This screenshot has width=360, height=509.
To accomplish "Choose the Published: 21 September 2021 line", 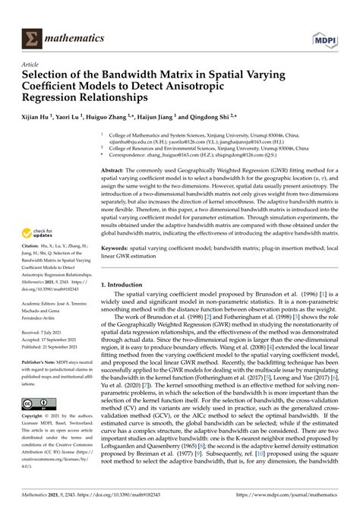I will coord(55,347).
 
